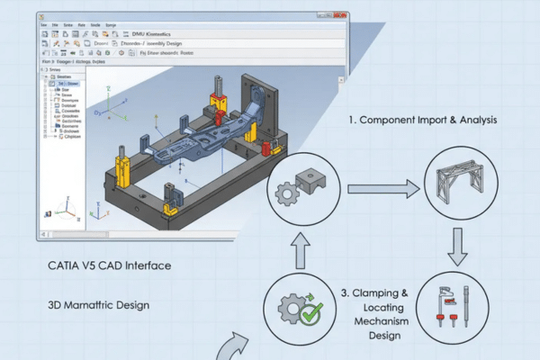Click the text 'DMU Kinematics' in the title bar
click(x=186, y=34)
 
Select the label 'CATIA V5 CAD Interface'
click(x=109, y=266)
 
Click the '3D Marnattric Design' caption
click(x=98, y=305)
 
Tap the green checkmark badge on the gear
click(x=311, y=314)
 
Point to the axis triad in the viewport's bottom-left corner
click(x=65, y=211)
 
